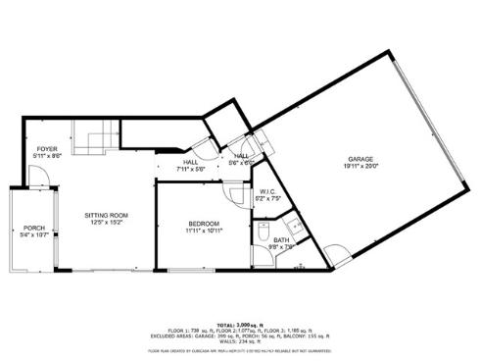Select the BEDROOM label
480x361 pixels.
[205, 224]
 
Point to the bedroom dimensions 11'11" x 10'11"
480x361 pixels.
[205, 232]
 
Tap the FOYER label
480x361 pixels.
[47, 148]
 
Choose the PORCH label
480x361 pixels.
[35, 228]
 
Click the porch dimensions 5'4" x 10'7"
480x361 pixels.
[35, 235]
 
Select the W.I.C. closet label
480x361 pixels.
[266, 192]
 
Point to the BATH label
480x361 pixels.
[281, 240]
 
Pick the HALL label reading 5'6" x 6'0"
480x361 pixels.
[241, 159]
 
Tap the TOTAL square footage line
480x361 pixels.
[240, 323]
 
